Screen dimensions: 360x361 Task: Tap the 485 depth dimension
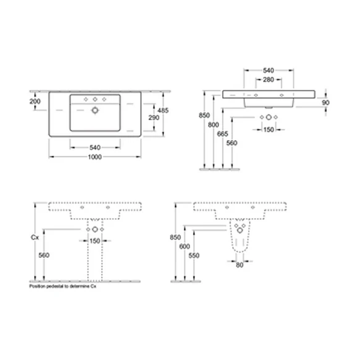163,110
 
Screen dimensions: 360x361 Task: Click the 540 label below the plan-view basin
95,147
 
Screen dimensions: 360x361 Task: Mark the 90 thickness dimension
326,101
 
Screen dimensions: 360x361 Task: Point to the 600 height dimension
185,247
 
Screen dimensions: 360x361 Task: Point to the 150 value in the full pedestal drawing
95,242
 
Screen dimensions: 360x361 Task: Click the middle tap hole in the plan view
95,100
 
